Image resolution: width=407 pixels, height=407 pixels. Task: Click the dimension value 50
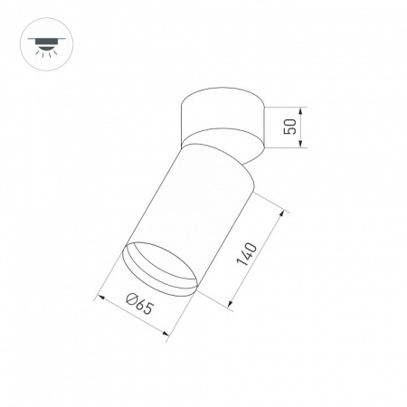[289, 127]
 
